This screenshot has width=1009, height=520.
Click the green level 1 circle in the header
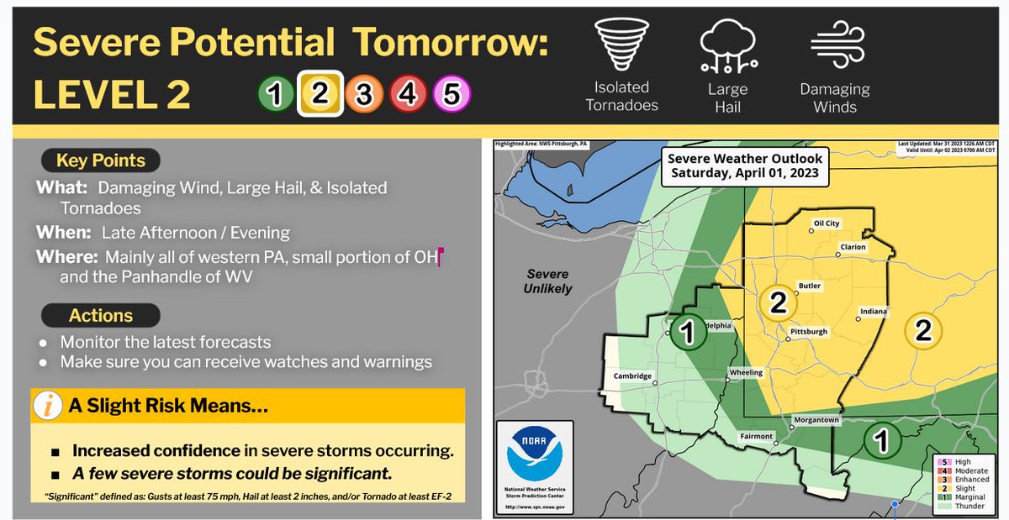click(x=275, y=95)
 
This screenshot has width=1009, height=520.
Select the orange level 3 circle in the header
click(x=362, y=95)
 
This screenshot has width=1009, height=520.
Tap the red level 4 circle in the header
click(x=407, y=95)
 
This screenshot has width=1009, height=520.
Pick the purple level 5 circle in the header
click(x=451, y=95)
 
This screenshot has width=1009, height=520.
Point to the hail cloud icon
click(x=728, y=45)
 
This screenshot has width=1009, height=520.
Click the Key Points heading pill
click(x=100, y=160)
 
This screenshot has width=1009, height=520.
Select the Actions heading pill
click(x=100, y=316)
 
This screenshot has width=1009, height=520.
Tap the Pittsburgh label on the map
click(x=808, y=332)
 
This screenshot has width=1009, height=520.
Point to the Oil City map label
click(x=827, y=223)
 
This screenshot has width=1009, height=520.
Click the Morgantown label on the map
click(x=817, y=419)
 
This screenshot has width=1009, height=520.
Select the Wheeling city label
click(x=746, y=372)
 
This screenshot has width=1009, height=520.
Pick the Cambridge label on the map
click(x=632, y=376)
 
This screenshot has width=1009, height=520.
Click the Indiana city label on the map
click(x=873, y=312)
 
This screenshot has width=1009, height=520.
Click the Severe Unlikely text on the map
click(x=548, y=281)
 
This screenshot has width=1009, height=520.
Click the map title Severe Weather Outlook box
click(x=745, y=166)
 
